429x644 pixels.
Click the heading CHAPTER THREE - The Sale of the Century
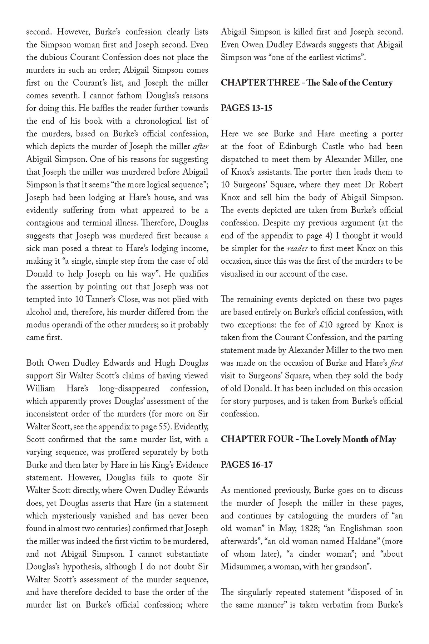coord(306,83)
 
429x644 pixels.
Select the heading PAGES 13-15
coord(246,108)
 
